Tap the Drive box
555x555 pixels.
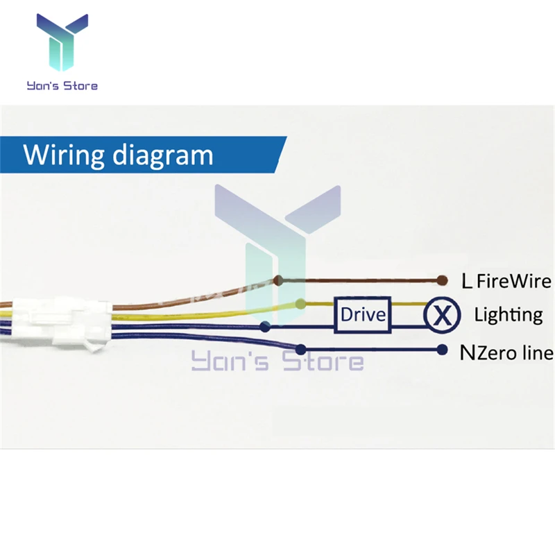(362, 315)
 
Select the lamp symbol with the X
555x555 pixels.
(442, 316)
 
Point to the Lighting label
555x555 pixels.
(508, 314)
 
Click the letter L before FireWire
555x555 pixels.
(467, 281)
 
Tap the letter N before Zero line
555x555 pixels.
(467, 352)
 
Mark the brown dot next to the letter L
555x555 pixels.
(441, 281)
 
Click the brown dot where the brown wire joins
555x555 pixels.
(277, 281)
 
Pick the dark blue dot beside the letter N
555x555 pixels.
(441, 350)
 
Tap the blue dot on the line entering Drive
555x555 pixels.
(264, 326)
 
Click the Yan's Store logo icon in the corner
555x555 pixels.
(62, 44)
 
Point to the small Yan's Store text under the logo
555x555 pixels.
(62, 86)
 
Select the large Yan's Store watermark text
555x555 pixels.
(277, 361)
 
